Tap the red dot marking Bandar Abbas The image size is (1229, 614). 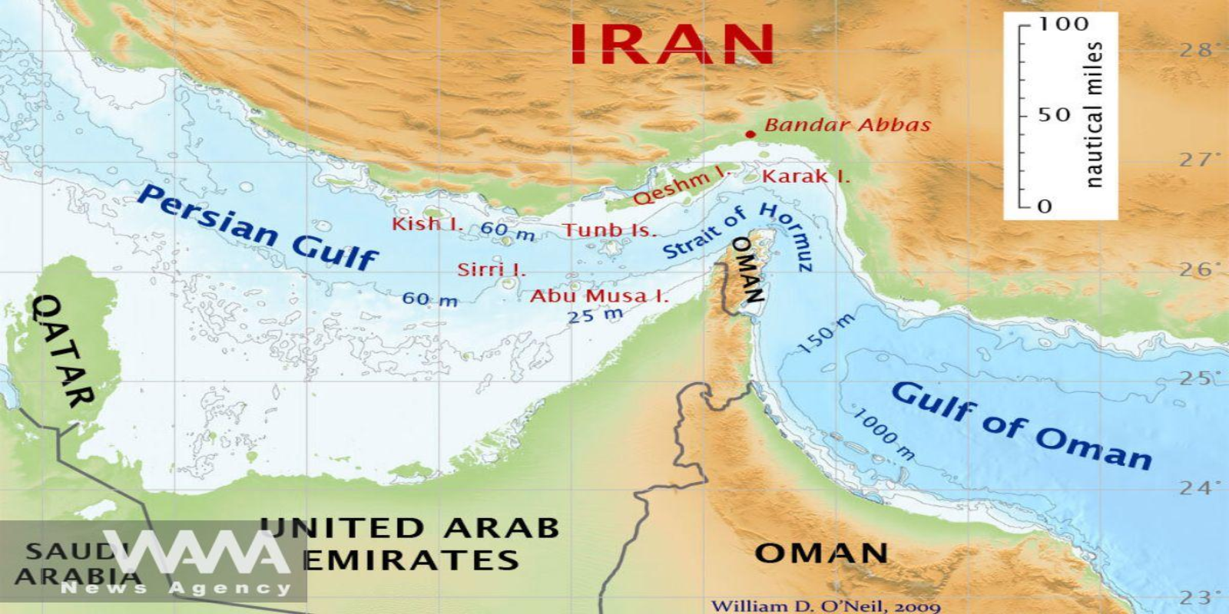click(x=750, y=134)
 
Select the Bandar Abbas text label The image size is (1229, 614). click(x=847, y=125)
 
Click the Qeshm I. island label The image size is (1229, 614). click(x=682, y=187)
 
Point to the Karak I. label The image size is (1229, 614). click(x=806, y=177)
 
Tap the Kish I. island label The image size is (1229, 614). click(x=427, y=224)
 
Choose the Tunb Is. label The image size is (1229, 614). click(x=610, y=229)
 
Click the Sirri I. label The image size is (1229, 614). click(x=492, y=269)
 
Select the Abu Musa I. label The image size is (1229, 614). click(x=599, y=295)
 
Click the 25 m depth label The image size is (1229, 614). click(x=595, y=314)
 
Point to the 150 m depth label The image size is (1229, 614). click(x=826, y=335)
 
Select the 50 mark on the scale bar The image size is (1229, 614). click(x=1054, y=115)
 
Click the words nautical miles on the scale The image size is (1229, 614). click(x=1094, y=115)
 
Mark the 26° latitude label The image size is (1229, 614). click(x=1195, y=269)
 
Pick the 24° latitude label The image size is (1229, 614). click(x=1195, y=488)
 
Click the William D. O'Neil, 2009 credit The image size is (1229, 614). click(x=825, y=606)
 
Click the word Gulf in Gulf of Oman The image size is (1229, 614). click(x=934, y=401)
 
